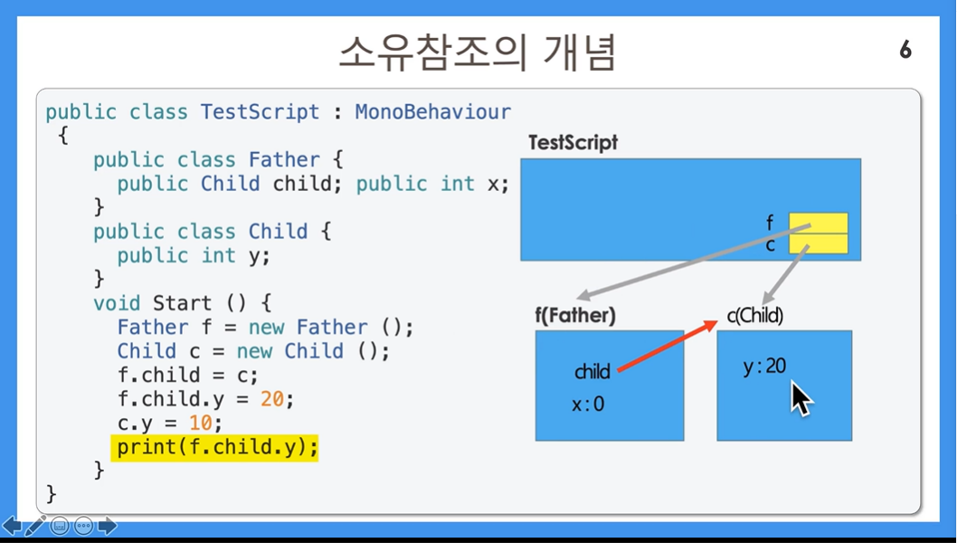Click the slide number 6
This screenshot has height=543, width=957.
pyautogui.click(x=905, y=50)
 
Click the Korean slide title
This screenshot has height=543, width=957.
pyautogui.click(x=478, y=52)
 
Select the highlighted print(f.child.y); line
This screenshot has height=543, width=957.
pyautogui.click(x=215, y=448)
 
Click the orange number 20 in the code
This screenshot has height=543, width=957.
pyautogui.click(x=272, y=399)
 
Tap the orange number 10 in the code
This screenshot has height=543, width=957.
pyautogui.click(x=201, y=423)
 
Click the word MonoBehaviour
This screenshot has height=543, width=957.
pyautogui.click(x=433, y=112)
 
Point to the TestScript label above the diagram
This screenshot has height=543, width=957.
pyautogui.click(x=573, y=142)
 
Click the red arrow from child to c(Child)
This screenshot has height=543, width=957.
pyautogui.click(x=667, y=346)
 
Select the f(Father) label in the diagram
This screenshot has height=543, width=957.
pyautogui.click(x=575, y=315)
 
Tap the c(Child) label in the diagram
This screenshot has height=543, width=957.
pyautogui.click(x=755, y=315)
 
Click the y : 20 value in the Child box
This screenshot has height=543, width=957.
pyautogui.click(x=764, y=367)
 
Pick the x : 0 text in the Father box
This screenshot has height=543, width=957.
pyautogui.click(x=588, y=404)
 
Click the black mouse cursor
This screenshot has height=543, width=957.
pyautogui.click(x=801, y=398)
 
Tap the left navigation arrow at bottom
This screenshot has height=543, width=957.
pyautogui.click(x=12, y=525)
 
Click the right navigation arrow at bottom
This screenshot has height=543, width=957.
pyautogui.click(x=108, y=525)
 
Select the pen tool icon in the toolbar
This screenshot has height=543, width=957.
pyautogui.click(x=35, y=525)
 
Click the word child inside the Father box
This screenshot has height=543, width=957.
pyautogui.click(x=592, y=371)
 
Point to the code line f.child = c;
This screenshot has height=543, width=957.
pyautogui.click(x=188, y=375)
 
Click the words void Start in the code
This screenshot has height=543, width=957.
pyautogui.click(x=152, y=303)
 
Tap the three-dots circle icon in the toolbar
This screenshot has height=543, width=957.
pyautogui.click(x=83, y=525)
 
